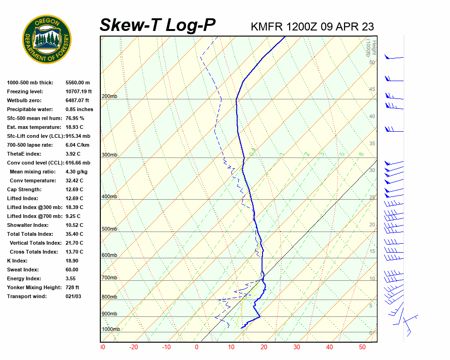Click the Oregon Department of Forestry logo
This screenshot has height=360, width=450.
click(x=47, y=39)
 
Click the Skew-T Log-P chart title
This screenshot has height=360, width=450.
click(x=157, y=25)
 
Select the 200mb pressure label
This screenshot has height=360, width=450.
click(x=109, y=97)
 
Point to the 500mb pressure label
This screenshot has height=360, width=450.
click(x=109, y=229)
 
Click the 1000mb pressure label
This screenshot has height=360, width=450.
click(x=111, y=330)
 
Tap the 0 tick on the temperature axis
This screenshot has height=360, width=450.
click(x=196, y=347)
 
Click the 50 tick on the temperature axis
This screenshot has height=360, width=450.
click(x=362, y=347)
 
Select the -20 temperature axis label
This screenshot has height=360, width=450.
click(x=134, y=347)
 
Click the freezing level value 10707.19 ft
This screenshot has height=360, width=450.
click(x=79, y=91)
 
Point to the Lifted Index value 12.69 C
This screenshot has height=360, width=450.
click(x=74, y=198)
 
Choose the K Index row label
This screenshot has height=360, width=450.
click(x=18, y=261)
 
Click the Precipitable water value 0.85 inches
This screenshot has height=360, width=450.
click(x=79, y=109)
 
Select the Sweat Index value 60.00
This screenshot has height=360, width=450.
click(x=72, y=270)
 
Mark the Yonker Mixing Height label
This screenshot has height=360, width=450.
click(x=32, y=287)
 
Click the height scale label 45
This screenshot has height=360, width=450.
click(x=372, y=90)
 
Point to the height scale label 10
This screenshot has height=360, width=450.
click(x=372, y=279)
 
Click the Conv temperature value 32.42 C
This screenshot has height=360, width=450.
click(x=74, y=180)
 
